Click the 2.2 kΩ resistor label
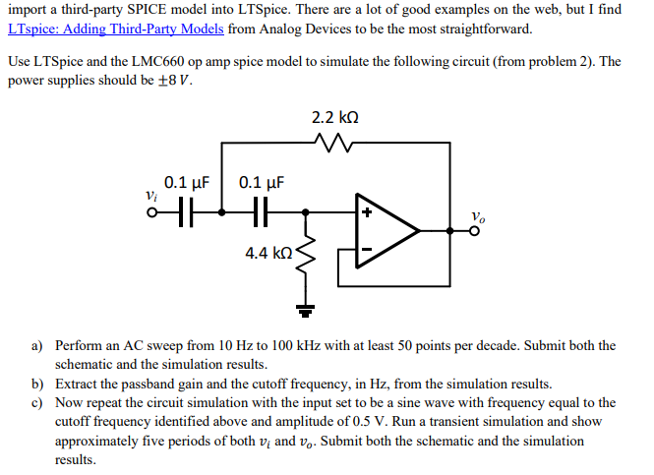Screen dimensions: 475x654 [x=334, y=118]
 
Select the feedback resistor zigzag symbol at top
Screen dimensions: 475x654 [x=334, y=145]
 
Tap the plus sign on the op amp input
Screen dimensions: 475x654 [x=365, y=212]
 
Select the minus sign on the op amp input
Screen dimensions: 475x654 [x=365, y=251]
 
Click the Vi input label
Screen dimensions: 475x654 [x=150, y=196]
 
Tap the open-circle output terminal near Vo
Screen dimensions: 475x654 [x=476, y=232]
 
